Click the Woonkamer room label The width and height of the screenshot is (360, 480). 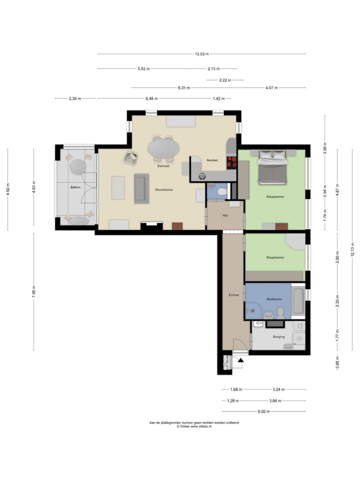[x=164, y=190]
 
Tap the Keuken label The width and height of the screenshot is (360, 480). [x=212, y=160]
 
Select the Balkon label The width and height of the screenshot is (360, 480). [x=75, y=187]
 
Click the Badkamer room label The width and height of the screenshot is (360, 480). [x=274, y=299]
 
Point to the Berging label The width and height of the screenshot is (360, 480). [x=279, y=336]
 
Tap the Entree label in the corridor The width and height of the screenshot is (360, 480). [x=234, y=295]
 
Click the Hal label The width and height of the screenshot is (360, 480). [x=225, y=215]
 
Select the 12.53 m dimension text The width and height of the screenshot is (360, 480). [x=202, y=54]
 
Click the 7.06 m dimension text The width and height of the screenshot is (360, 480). [x=34, y=291]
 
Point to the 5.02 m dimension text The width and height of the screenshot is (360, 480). [x=264, y=411]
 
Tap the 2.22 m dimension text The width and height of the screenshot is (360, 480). [x=225, y=80]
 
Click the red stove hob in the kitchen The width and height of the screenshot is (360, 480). [x=231, y=163]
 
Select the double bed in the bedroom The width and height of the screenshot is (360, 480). [x=272, y=167]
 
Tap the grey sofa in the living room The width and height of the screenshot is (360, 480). [x=142, y=189]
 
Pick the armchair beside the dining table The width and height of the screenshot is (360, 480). [x=130, y=158]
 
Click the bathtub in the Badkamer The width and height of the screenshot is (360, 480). [x=298, y=301]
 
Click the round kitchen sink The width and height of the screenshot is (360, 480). [x=202, y=176]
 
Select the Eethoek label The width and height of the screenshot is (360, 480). [x=163, y=166]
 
